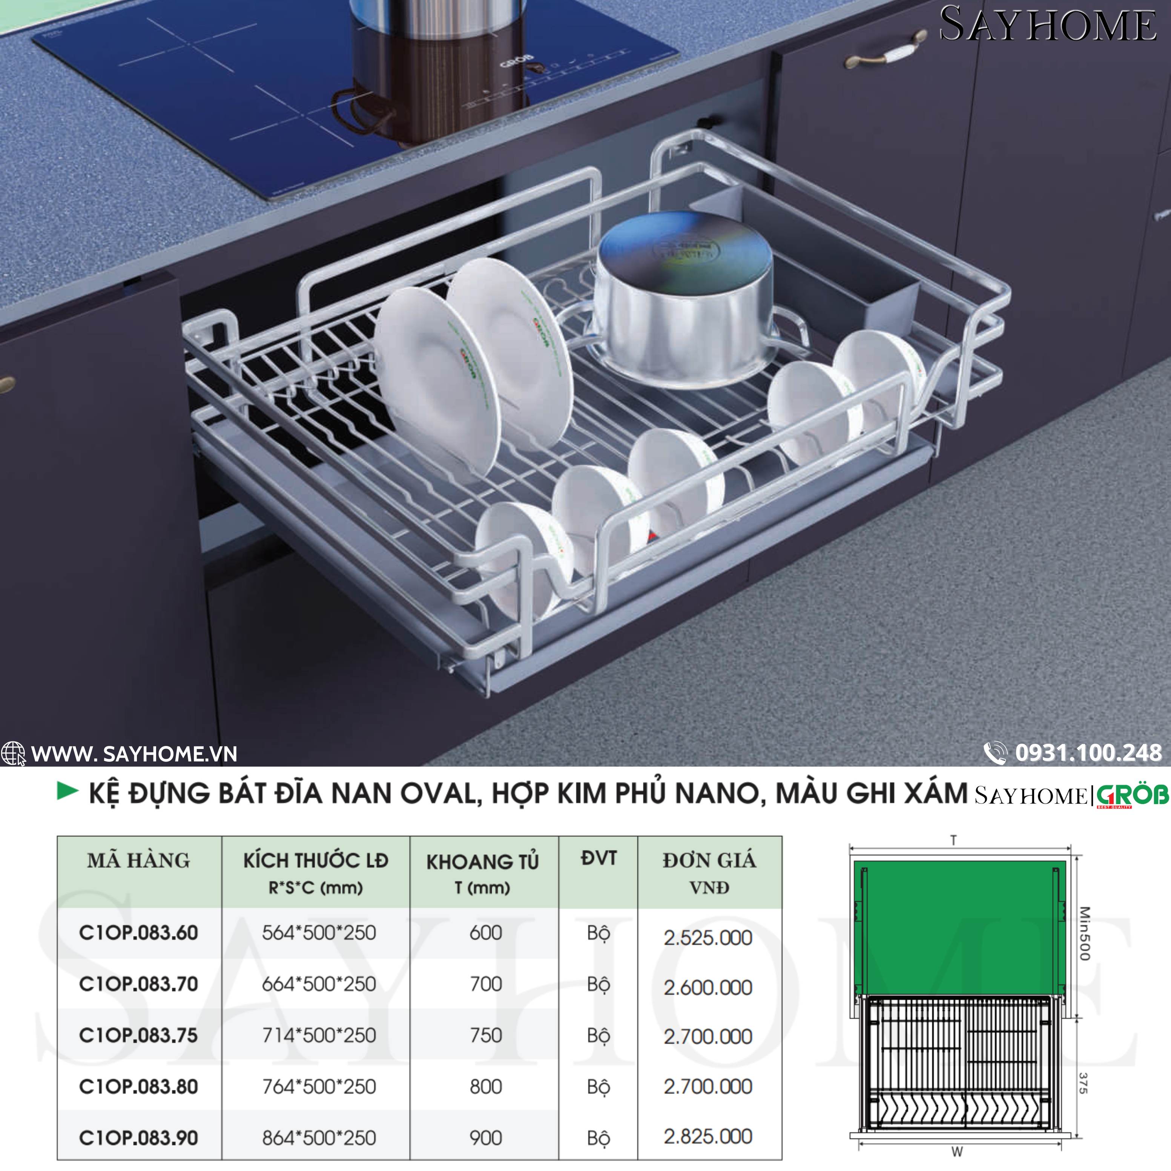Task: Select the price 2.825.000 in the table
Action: click(x=708, y=1136)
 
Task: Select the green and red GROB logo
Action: click(x=1132, y=796)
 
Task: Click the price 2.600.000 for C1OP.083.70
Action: click(x=708, y=987)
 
